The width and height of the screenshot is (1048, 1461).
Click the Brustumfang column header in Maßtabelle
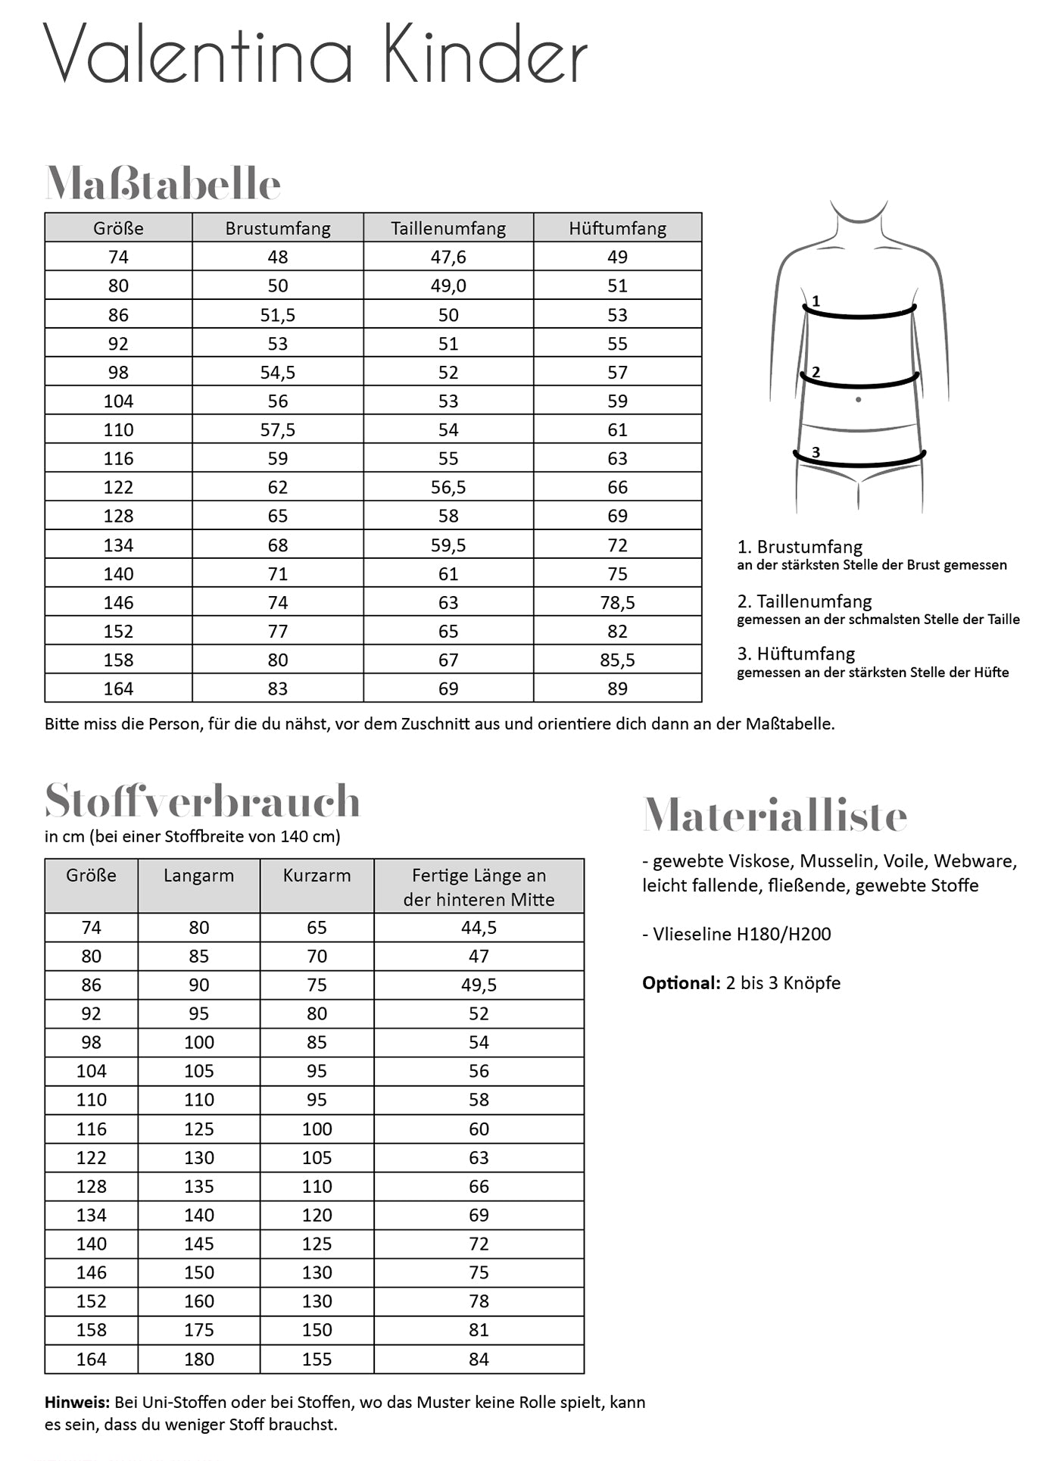click(278, 228)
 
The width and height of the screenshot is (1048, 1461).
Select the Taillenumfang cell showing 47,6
click(448, 257)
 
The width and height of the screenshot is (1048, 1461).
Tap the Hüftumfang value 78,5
click(617, 602)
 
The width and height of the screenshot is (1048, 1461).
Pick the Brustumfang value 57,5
click(278, 429)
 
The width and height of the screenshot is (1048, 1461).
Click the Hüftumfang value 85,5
click(617, 660)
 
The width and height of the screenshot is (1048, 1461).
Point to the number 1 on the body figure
click(816, 301)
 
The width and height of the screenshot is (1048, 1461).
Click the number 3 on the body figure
click(816, 452)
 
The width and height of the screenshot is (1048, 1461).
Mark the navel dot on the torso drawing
click(858, 399)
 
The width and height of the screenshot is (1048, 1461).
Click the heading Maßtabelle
click(163, 183)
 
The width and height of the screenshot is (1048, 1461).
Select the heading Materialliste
click(775, 816)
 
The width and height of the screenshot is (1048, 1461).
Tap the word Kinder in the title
click(485, 55)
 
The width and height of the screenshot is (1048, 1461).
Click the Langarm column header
click(198, 876)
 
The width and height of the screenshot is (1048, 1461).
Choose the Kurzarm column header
click(317, 876)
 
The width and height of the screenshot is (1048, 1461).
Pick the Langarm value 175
click(198, 1330)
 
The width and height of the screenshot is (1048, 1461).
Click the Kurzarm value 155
click(317, 1359)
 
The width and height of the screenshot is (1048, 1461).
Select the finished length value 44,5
click(479, 927)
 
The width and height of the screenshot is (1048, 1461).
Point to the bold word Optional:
click(681, 982)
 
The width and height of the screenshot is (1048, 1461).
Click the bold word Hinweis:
click(77, 1402)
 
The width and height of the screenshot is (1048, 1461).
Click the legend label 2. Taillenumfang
click(804, 601)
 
